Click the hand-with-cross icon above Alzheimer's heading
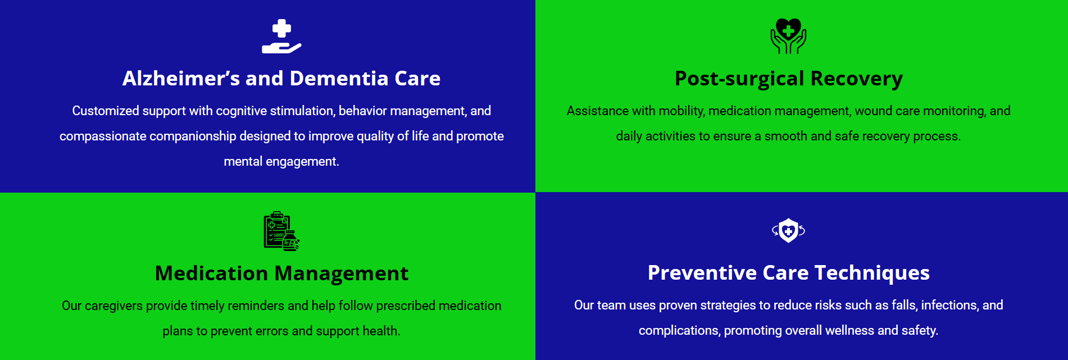(281, 37)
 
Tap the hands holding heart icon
(788, 36)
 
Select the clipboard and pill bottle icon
(281, 231)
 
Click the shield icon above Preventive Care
(788, 230)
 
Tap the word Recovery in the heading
(857, 79)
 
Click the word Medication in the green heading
(212, 274)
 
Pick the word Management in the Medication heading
(342, 274)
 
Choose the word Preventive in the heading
(702, 273)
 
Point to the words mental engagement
(281, 162)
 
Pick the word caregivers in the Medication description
(114, 306)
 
